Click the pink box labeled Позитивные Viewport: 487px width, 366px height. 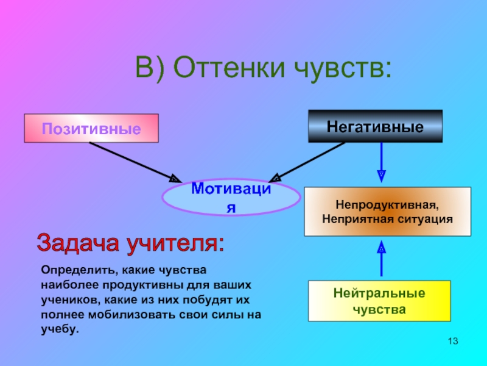click(x=91, y=128)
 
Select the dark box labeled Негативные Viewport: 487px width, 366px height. click(x=375, y=126)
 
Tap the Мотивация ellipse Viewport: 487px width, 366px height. click(x=231, y=197)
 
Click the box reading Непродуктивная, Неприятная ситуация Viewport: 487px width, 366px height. click(x=387, y=211)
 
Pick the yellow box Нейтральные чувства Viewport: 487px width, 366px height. click(x=379, y=301)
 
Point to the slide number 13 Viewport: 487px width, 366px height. click(x=452, y=340)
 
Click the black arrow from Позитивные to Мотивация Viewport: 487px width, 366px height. click(x=133, y=161)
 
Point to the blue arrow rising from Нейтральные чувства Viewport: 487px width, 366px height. click(x=382, y=259)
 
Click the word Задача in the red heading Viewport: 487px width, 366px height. click(x=79, y=243)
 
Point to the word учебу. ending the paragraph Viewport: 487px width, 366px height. click(x=60, y=329)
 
